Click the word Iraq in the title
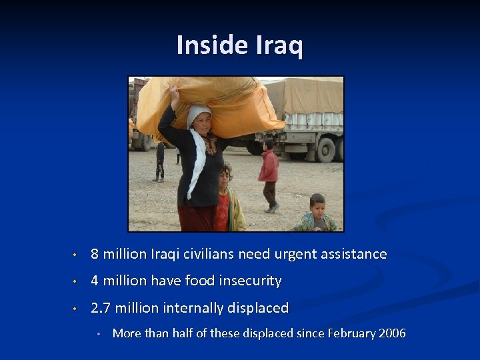(279, 45)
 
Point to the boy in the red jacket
(269, 173)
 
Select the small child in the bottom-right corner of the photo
(317, 215)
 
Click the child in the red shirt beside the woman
(225, 200)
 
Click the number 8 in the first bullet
(95, 255)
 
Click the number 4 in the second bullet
(95, 281)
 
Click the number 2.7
(101, 308)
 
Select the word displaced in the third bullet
(257, 308)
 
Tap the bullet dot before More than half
(98, 334)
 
